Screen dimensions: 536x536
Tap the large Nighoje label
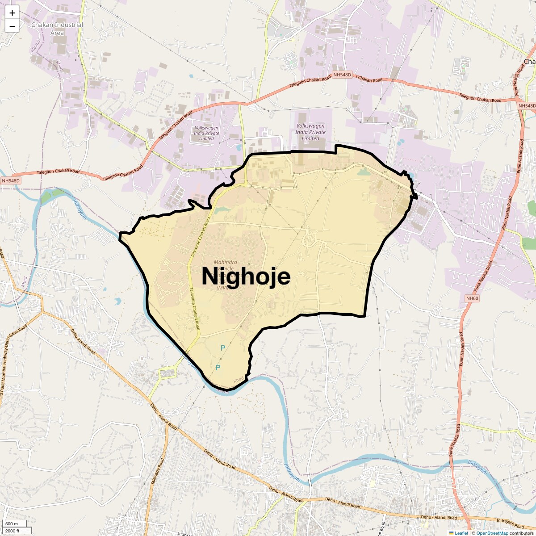click(246, 276)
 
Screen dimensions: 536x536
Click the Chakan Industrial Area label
click(57, 29)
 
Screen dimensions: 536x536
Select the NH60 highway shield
click(472, 298)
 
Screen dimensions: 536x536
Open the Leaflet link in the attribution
click(461, 533)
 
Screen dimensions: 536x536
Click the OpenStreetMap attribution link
click(492, 533)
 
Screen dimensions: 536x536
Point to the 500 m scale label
click(12, 524)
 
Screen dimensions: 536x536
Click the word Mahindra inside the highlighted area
click(226, 262)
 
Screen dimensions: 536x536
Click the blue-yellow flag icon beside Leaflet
click(451, 533)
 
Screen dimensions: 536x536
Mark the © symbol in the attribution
click(473, 533)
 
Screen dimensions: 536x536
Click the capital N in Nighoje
click(211, 276)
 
